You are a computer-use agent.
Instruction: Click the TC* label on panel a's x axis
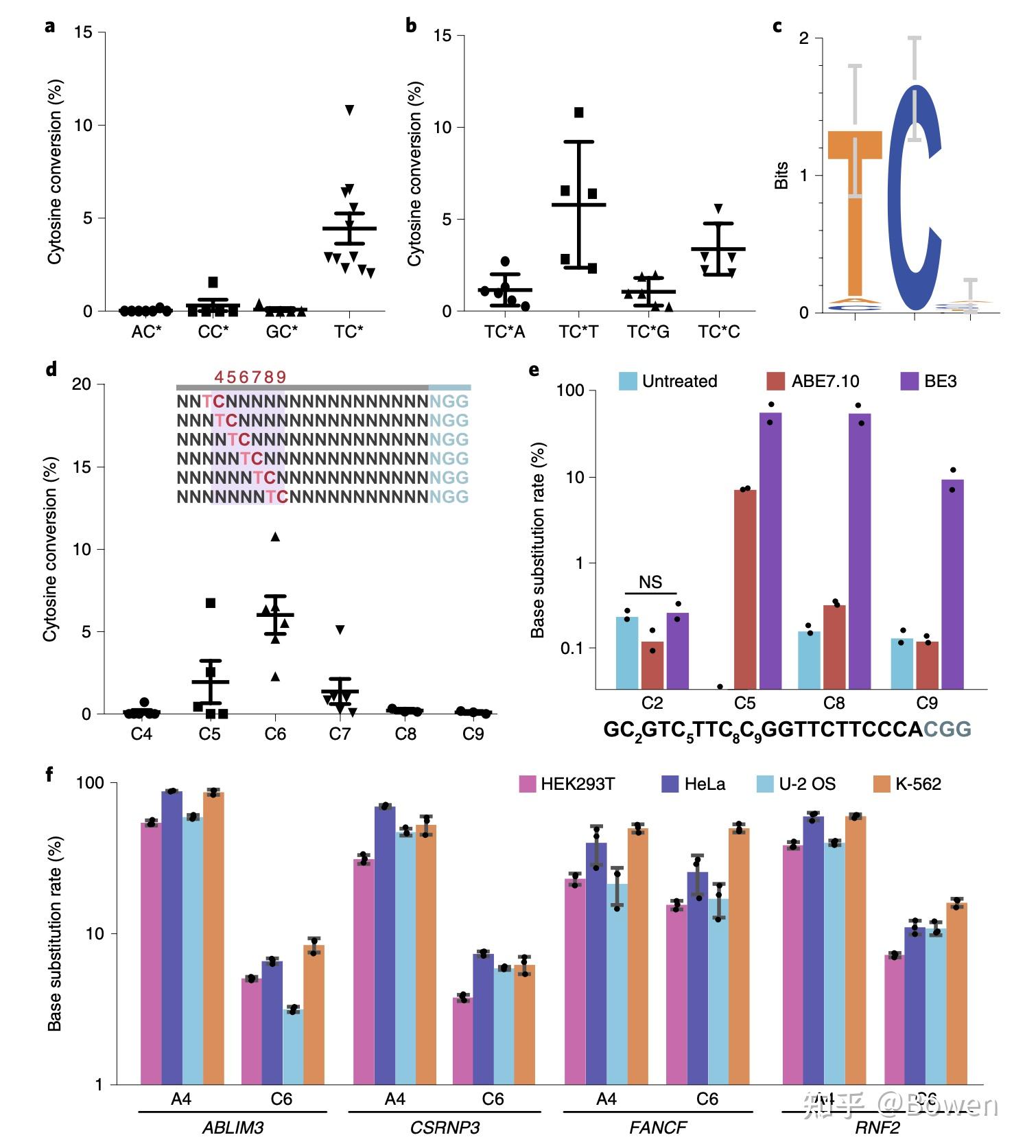click(x=349, y=332)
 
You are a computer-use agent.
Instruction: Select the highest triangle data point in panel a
click(x=349, y=110)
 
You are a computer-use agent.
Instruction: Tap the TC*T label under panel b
click(x=578, y=333)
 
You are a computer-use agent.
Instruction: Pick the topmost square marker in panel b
click(x=578, y=113)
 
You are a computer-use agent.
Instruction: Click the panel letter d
click(x=51, y=369)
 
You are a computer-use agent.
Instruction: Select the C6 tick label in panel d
click(x=275, y=734)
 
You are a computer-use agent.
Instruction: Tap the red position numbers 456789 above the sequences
click(x=250, y=377)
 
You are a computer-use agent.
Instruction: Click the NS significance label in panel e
click(x=650, y=583)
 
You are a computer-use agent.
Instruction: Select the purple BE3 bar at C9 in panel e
click(x=952, y=583)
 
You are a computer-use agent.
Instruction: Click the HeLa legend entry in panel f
click(x=693, y=784)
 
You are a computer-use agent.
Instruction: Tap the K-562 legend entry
click(x=906, y=784)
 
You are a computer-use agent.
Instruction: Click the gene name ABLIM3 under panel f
click(x=233, y=1127)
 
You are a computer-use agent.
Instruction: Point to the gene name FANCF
click(x=657, y=1127)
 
